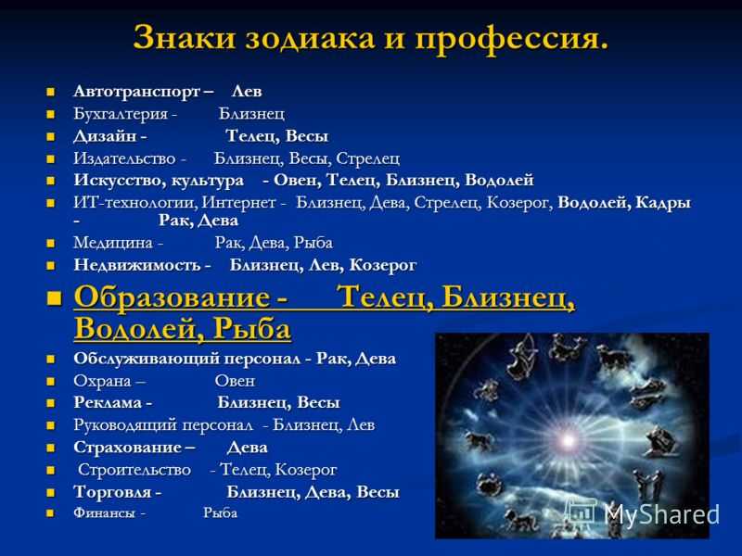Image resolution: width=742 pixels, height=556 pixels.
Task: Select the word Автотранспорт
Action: pyautogui.click(x=137, y=91)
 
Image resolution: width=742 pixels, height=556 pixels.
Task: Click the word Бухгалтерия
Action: pyautogui.click(x=121, y=114)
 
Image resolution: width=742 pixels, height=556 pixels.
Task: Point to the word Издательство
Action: pyautogui.click(x=124, y=158)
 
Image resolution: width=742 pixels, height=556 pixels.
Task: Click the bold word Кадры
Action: pyautogui.click(x=663, y=203)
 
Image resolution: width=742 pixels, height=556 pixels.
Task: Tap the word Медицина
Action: pyautogui.click(x=113, y=243)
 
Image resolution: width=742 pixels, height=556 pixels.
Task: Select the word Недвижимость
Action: pyautogui.click(x=137, y=265)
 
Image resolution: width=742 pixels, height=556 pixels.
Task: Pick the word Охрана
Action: pyautogui.click(x=102, y=381)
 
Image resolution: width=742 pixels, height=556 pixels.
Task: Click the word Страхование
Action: pyautogui.click(x=128, y=448)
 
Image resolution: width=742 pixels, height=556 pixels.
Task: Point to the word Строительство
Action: pyautogui.click(x=134, y=470)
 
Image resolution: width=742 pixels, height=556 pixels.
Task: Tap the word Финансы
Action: pyautogui.click(x=104, y=513)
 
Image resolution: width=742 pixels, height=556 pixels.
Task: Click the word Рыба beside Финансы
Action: pyautogui.click(x=220, y=513)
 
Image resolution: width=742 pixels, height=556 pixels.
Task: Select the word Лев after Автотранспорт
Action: pyautogui.click(x=247, y=91)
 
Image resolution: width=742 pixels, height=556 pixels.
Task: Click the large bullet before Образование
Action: pyautogui.click(x=56, y=298)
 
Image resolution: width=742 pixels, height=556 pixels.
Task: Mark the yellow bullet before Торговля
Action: pyautogui.click(x=51, y=493)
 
